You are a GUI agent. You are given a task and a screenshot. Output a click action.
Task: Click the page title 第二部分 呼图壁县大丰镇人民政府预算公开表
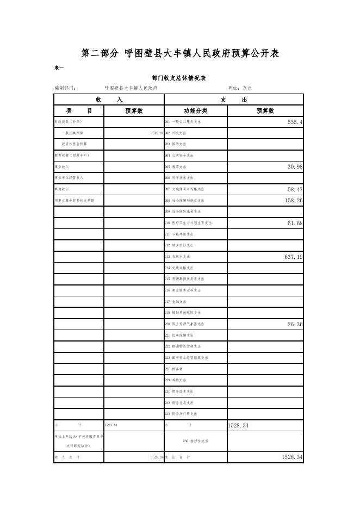180,53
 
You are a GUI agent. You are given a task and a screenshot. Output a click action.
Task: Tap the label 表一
60,67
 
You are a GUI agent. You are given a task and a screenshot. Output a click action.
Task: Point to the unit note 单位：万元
239,88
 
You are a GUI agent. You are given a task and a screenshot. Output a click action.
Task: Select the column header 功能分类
195,111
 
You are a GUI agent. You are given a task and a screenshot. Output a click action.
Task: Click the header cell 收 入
109,100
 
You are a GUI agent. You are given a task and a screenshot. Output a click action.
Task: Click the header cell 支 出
233,100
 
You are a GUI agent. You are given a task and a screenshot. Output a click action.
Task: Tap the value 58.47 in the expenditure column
295,189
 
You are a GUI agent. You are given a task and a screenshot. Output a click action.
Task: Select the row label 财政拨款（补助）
68,122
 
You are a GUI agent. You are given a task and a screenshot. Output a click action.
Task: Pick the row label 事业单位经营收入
69,178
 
